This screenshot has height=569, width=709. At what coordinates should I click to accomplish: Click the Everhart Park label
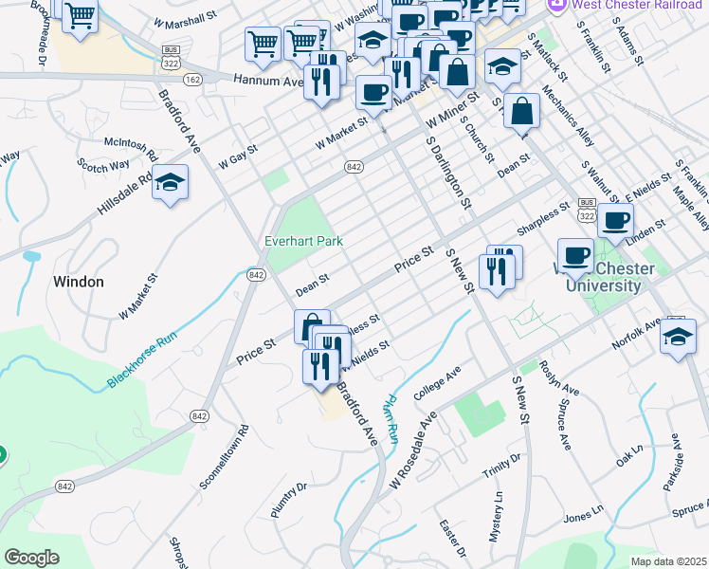303,241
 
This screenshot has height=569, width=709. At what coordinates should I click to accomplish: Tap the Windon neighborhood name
79,282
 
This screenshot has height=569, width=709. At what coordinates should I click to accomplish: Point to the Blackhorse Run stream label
142,362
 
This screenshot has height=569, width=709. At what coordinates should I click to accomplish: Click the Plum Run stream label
389,420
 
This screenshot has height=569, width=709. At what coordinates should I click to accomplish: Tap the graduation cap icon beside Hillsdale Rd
170,183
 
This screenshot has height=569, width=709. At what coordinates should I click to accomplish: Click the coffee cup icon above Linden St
615,221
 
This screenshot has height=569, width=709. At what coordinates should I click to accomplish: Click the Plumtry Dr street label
289,500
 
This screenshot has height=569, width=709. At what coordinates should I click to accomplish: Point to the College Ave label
436,384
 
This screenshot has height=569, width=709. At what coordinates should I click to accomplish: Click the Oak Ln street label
630,460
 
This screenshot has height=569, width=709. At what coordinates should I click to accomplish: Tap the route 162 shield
193,80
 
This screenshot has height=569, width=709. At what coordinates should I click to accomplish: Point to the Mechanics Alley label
569,118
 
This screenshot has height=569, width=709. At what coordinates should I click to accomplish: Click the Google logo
32,558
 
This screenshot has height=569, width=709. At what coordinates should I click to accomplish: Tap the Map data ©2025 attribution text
668,561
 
